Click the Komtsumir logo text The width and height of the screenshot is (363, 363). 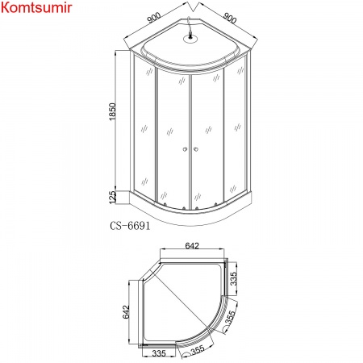tap(40, 9)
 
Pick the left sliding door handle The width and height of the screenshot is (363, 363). tap(184, 148)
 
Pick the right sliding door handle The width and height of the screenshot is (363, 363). tap(194, 148)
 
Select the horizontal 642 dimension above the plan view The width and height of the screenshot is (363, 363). tap(190, 248)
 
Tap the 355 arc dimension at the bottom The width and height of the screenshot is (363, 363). tap(196, 351)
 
